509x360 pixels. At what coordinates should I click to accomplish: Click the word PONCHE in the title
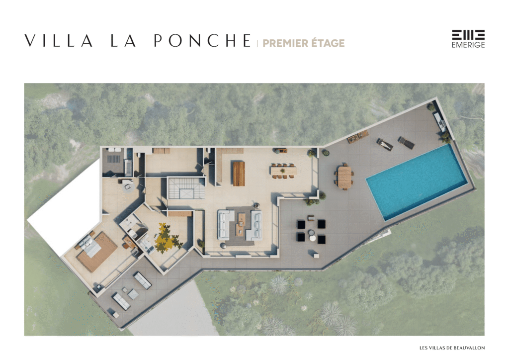[203, 41]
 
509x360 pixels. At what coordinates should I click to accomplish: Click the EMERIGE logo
[468, 39]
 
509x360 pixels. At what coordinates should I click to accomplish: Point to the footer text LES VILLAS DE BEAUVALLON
[452, 348]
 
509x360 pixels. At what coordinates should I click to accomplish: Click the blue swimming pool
[417, 182]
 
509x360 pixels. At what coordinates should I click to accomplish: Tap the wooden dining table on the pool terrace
[344, 177]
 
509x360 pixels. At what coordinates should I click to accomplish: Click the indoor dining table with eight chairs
[283, 171]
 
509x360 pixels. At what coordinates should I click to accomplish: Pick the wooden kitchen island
[239, 174]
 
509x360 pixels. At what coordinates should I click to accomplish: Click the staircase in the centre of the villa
[186, 188]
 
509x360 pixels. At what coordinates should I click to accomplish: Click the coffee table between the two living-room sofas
[241, 223]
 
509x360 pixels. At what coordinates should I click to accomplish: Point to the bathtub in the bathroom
[128, 167]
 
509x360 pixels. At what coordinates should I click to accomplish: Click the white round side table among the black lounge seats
[312, 238]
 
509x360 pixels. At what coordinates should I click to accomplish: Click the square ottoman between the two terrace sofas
[133, 294]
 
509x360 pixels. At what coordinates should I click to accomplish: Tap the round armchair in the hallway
[128, 186]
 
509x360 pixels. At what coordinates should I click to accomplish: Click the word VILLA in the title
[59, 41]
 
